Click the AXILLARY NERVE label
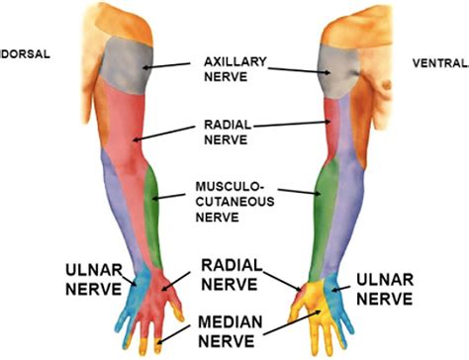click(234, 65)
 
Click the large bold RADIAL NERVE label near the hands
click(231, 276)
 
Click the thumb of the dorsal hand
click(179, 314)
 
